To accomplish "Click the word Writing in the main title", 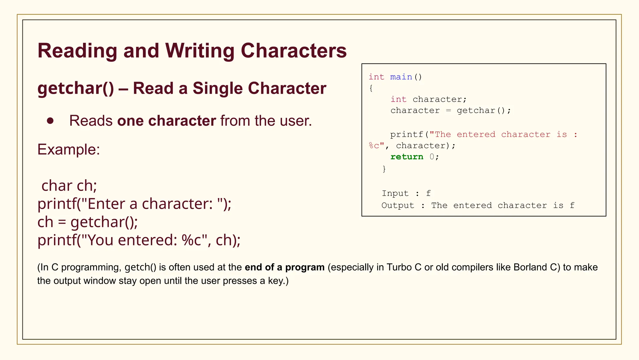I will [x=200, y=51].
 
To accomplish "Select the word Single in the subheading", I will [x=217, y=88].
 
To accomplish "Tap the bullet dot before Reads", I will [x=50, y=121].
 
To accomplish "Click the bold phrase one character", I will [x=167, y=121].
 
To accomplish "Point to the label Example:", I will [x=69, y=149].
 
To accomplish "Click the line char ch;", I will [x=69, y=186].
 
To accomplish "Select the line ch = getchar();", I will [x=88, y=222].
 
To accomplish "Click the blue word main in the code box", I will [x=401, y=77].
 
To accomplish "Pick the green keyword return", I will [x=407, y=157].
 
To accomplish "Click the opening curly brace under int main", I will [x=371, y=88].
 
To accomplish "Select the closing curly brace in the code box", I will [x=384, y=169].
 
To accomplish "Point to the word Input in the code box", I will [x=395, y=193].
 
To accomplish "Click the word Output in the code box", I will [x=398, y=205].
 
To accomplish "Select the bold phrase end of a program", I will [x=285, y=267].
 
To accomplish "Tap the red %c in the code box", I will [x=374, y=146].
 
